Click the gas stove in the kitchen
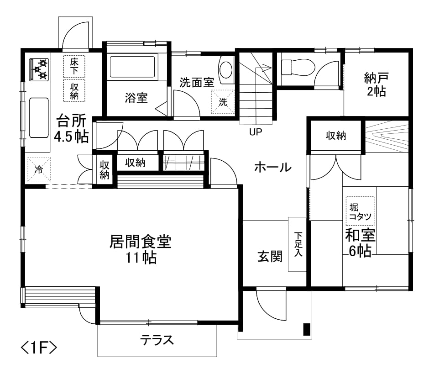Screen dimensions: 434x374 coord(39,69)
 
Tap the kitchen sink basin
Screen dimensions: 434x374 coord(39,117)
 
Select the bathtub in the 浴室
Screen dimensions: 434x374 coord(132,67)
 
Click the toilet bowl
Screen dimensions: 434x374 coord(298,67)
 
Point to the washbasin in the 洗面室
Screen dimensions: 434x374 coord(226,70)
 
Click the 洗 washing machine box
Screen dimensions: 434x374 coord(223,102)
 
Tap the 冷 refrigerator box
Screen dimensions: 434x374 coord(39,169)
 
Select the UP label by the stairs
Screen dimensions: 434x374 coord(256,132)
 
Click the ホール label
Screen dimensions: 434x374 coord(273,167)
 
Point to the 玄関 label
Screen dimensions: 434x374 coord(270,256)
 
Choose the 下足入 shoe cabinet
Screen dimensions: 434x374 coord(297,244)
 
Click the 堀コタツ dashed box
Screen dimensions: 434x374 coord(360,211)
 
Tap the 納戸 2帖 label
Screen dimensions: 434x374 coord(376,84)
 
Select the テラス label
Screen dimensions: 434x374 coord(157,340)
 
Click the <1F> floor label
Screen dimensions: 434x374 coord(39,348)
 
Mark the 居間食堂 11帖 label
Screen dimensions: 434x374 coord(141,249)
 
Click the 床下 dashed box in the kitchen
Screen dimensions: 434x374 coord(74,67)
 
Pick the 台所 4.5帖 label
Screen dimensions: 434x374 coord(72,128)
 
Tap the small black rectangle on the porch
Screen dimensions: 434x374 coord(307,329)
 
